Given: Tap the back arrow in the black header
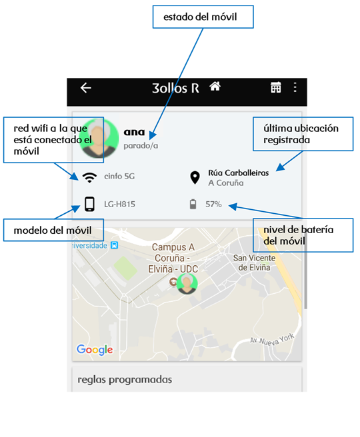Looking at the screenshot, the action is coord(86,88).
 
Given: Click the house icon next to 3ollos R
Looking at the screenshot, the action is coord(215,86).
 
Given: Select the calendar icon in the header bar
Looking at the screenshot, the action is coord(276,87).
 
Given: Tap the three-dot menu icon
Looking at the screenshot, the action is coord(295,87).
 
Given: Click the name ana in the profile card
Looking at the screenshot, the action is coord(134,132).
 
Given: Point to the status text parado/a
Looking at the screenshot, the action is coord(141,145).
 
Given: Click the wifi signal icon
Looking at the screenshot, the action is coord(89,177).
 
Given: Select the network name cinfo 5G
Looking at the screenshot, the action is coord(119,176).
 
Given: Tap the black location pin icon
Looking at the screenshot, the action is coord(195,178).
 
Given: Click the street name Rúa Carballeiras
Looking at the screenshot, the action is coord(239,173).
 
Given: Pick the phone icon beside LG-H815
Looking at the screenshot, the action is coord(89,204).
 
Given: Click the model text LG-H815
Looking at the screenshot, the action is coord(119,205).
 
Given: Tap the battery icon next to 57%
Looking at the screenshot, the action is coord(193,204).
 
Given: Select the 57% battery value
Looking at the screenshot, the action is coord(213,205).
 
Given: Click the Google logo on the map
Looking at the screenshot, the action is coord(95,350).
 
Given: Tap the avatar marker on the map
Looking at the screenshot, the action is coord(187,284).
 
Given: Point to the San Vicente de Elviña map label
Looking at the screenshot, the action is coord(254,262).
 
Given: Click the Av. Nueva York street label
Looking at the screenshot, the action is coord(272,340).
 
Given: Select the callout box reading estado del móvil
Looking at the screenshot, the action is coord(203,17).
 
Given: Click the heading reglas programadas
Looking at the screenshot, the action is coord(125,380).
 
